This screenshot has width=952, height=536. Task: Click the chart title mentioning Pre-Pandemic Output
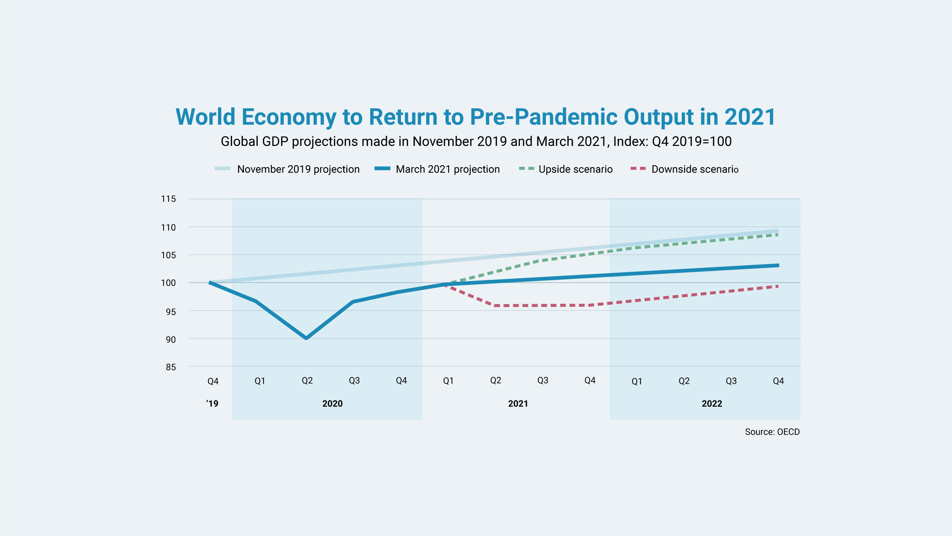point(476,117)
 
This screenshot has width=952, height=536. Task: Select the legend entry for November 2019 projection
point(287,169)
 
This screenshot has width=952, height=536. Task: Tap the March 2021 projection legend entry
point(437,169)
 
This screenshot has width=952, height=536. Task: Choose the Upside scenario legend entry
point(566,169)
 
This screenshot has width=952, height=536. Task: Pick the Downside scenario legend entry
point(685,169)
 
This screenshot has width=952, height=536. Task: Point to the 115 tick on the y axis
point(168,199)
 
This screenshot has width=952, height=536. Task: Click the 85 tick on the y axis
point(171,367)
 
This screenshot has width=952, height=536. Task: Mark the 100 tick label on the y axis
point(168,283)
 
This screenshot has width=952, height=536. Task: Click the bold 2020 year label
point(332,403)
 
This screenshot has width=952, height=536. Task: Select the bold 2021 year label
point(518,403)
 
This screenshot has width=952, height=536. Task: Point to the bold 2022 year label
point(712,403)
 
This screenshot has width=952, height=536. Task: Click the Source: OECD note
point(772,432)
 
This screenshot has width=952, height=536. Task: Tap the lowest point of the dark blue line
point(306,338)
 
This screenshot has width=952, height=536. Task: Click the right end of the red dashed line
point(778,286)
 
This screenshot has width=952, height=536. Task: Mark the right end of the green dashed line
point(778,234)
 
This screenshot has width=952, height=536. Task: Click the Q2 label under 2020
point(307,381)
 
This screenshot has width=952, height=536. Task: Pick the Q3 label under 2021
point(543,380)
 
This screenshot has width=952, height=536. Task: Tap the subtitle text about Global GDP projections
point(476,141)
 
